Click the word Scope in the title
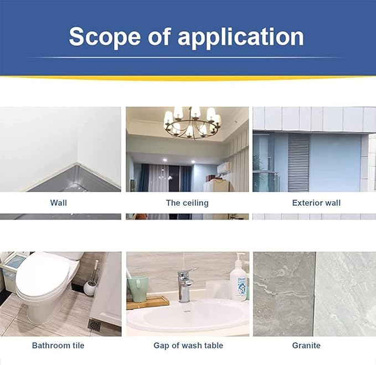(x=105, y=37)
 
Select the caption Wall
(x=59, y=203)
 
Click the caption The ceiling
(x=187, y=203)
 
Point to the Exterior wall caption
(x=316, y=203)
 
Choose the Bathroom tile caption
(x=58, y=345)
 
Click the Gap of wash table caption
(x=188, y=345)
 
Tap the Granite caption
(x=306, y=345)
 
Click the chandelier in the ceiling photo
(x=192, y=123)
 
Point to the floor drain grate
(x=94, y=325)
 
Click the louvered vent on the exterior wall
(x=298, y=163)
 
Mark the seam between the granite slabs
(x=315, y=294)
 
